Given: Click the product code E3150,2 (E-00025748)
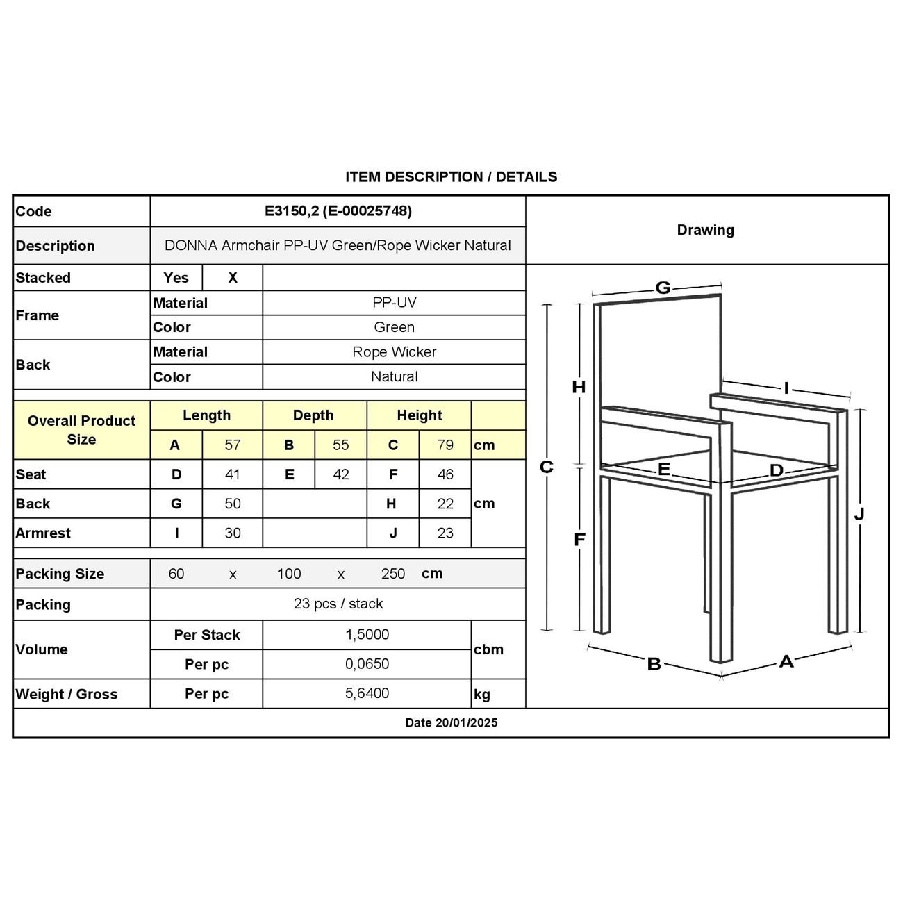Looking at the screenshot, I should click(338, 211).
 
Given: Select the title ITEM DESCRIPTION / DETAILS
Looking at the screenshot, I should click(451, 177).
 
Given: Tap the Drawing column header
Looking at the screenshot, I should click(705, 230).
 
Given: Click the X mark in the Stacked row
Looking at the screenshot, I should click(233, 278).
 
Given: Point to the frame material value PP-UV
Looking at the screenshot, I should click(394, 303).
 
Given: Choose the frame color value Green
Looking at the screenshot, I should click(394, 327).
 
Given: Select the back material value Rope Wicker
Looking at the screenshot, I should click(394, 352).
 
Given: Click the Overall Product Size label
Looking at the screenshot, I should click(81, 430).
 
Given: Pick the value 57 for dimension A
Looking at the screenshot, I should click(232, 445).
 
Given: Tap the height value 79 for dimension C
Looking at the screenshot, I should click(445, 445).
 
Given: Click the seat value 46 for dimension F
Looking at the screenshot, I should click(445, 474).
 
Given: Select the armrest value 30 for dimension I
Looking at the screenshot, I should click(232, 533).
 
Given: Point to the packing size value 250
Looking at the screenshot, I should click(393, 574).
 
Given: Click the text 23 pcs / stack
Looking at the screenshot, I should click(338, 604).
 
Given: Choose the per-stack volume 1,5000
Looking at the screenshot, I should click(367, 635).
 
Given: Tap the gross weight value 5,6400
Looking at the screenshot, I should click(367, 693).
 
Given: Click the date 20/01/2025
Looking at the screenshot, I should click(466, 722).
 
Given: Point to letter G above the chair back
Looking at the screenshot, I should click(663, 288).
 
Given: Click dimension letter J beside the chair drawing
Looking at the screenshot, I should click(859, 514).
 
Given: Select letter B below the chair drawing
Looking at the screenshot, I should click(654, 664).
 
